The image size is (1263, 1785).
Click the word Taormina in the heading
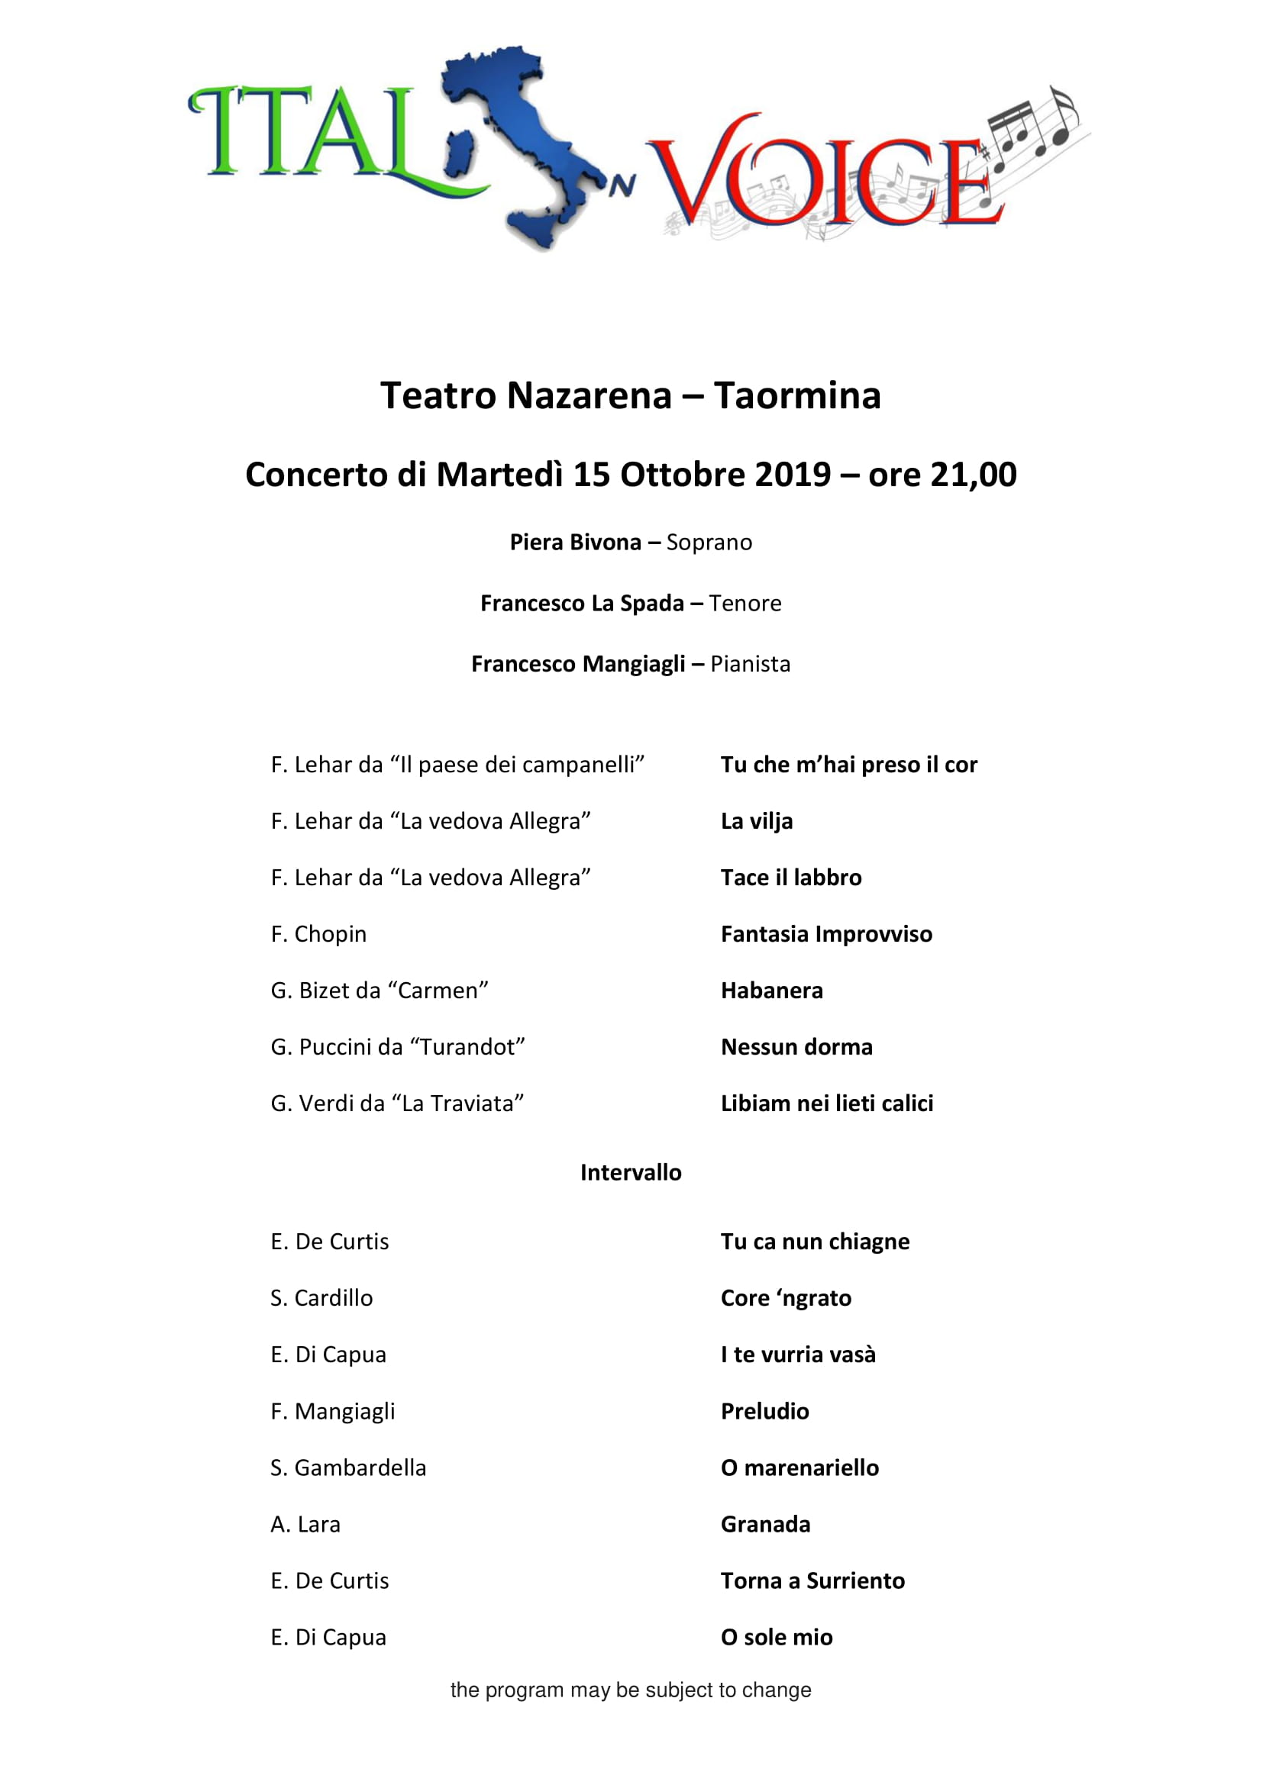(x=797, y=396)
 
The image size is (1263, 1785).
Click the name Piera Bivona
(x=575, y=542)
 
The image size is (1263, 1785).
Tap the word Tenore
(x=745, y=603)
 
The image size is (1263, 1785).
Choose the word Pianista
(x=751, y=663)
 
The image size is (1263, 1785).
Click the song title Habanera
(x=771, y=990)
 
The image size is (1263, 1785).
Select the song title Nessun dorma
(x=796, y=1046)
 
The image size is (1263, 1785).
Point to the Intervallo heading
(x=631, y=1171)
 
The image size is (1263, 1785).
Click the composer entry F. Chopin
(x=318, y=933)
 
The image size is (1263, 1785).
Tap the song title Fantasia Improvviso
(x=826, y=933)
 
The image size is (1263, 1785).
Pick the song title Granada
(x=765, y=1524)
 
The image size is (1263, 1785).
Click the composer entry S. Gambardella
(x=348, y=1467)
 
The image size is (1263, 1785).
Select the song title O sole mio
(x=776, y=1636)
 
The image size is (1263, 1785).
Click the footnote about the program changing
(x=631, y=1690)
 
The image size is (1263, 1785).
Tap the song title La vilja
(x=757, y=821)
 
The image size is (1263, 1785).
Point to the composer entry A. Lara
(x=305, y=1524)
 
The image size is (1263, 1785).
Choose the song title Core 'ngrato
(x=786, y=1297)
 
